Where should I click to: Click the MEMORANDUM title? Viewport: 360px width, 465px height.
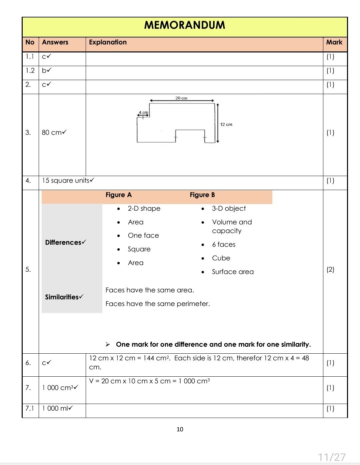(x=184, y=25)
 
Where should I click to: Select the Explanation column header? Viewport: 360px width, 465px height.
(x=108, y=42)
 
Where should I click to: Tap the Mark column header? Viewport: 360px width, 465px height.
(x=334, y=42)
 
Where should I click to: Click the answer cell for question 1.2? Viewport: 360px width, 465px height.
(x=46, y=70)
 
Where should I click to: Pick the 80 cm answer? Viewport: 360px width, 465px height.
(x=54, y=132)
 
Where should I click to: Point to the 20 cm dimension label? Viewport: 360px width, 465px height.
(x=181, y=98)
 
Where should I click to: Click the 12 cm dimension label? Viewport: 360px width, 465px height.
(x=226, y=124)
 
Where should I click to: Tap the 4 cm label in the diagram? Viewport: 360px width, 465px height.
(x=143, y=112)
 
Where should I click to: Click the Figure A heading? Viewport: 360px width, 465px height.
(x=118, y=195)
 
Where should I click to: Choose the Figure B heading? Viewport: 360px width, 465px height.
(x=202, y=195)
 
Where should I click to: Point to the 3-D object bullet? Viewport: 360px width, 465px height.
(x=229, y=208)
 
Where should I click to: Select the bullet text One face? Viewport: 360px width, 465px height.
(x=143, y=235)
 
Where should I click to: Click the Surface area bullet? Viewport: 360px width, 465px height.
(x=233, y=272)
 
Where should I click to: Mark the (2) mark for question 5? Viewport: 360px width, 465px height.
(x=330, y=269)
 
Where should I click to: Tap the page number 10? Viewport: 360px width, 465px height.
(x=180, y=429)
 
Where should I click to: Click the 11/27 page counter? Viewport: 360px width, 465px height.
(x=331, y=457)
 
